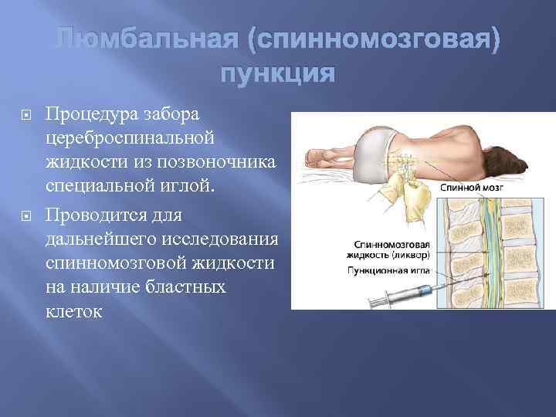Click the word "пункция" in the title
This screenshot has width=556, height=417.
click(278, 76)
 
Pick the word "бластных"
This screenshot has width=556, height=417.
click(185, 288)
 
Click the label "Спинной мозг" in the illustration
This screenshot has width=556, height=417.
click(470, 187)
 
